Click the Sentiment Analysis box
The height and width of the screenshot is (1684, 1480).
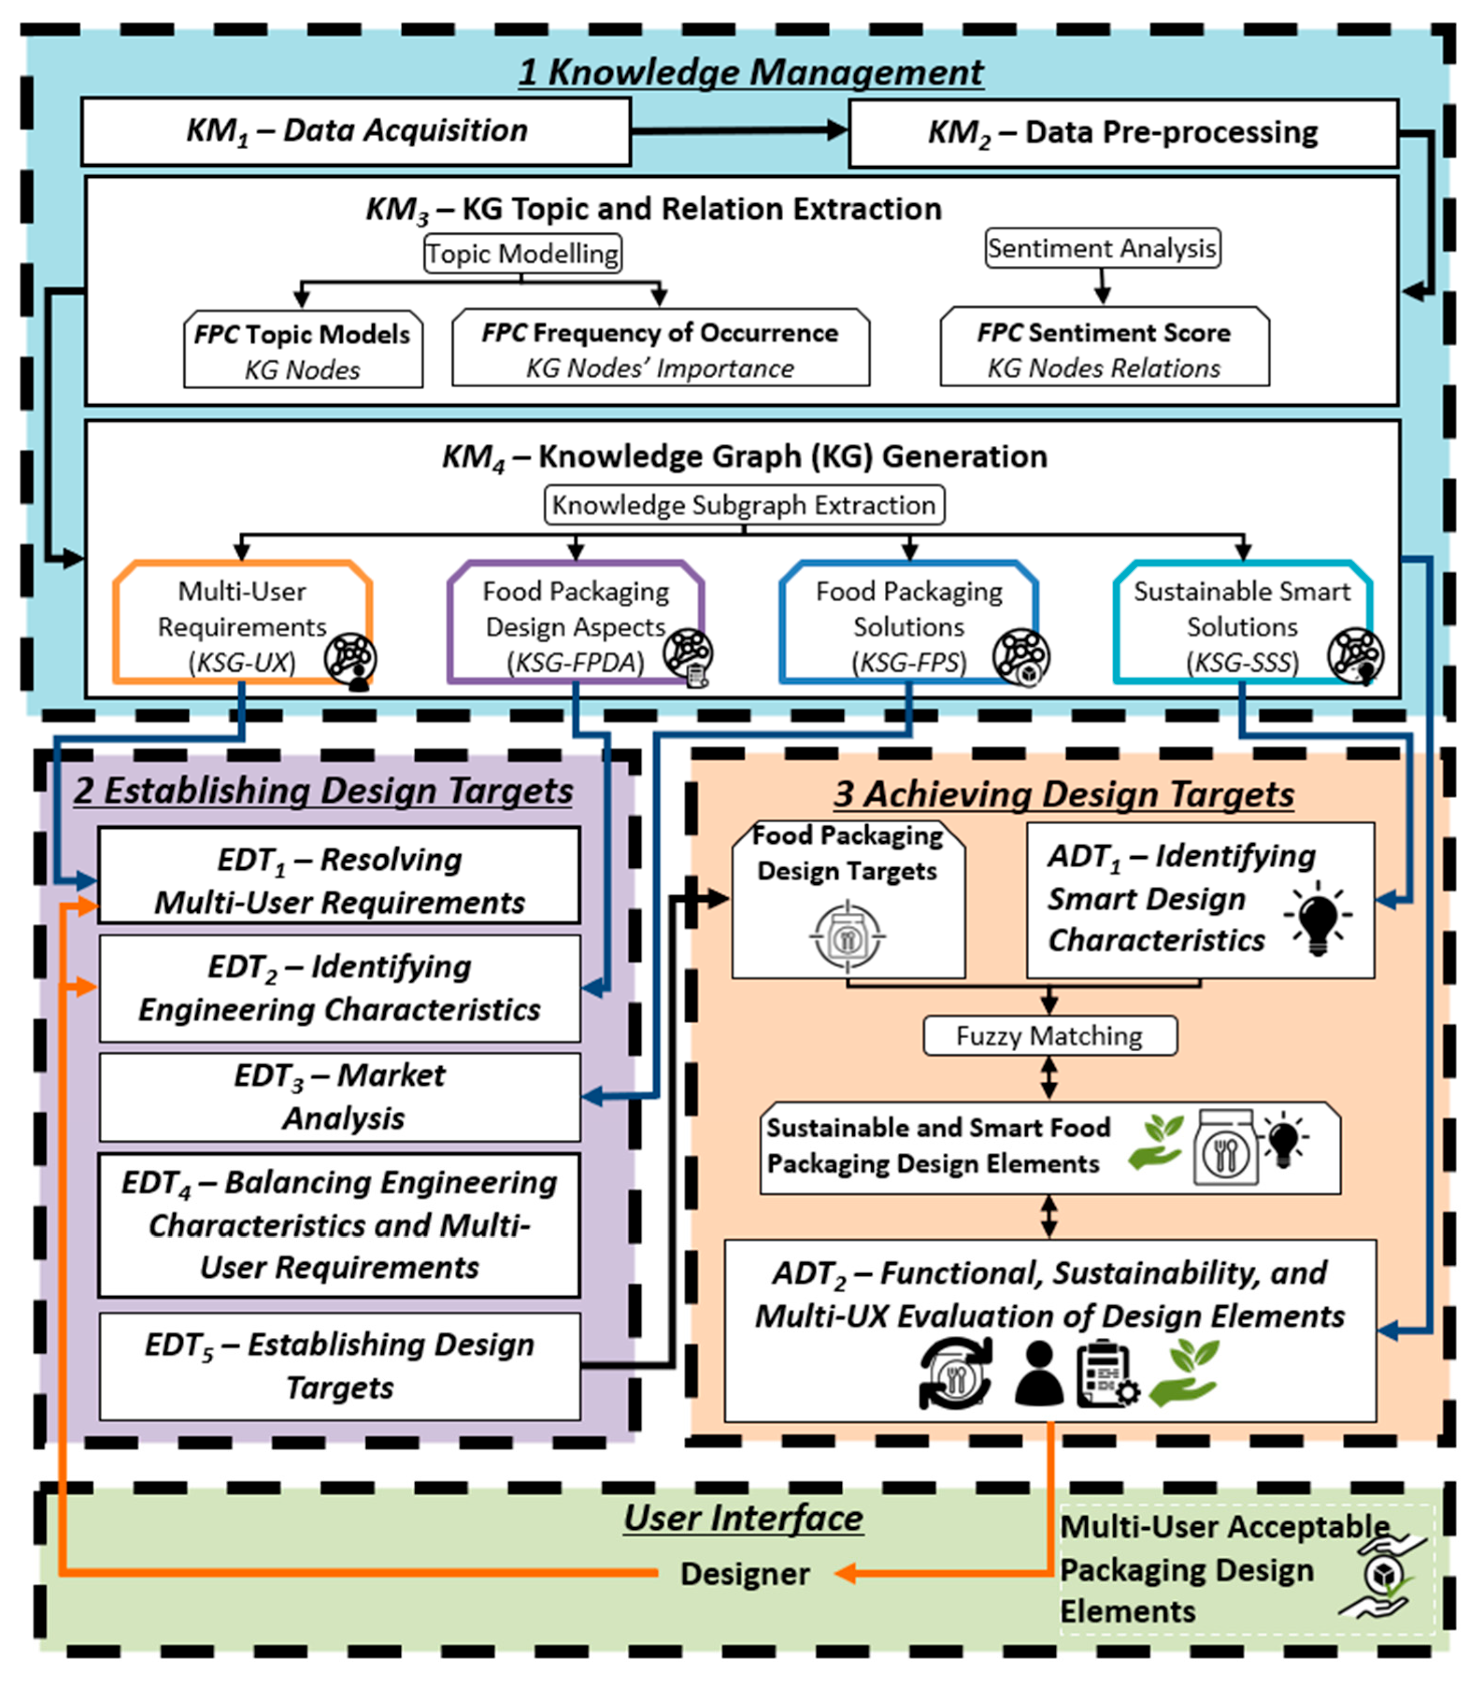(1102, 248)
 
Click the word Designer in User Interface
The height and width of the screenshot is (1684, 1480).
(745, 1574)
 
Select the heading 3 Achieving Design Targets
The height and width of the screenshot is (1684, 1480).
(1062, 794)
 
